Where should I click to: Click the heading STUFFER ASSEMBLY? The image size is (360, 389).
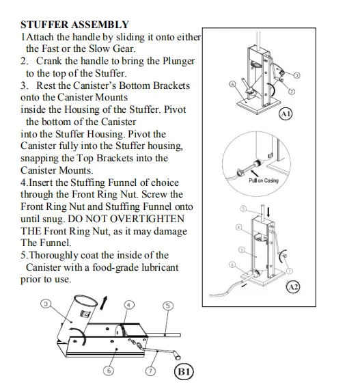(x=75, y=25)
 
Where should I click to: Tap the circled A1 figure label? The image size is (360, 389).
(x=286, y=114)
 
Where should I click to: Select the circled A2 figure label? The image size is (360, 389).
(x=293, y=287)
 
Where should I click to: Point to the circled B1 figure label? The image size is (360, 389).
(x=184, y=372)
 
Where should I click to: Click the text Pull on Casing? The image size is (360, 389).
(x=264, y=180)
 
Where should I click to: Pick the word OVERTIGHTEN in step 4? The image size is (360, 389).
(x=147, y=219)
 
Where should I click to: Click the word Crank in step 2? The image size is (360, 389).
(x=49, y=61)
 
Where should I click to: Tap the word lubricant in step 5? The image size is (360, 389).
(x=160, y=267)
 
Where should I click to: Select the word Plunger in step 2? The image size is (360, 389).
(x=178, y=62)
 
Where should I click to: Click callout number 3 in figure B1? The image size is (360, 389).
(x=46, y=304)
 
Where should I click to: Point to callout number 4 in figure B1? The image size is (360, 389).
(x=128, y=305)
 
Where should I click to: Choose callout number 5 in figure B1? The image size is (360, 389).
(x=168, y=306)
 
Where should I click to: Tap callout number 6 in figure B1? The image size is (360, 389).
(x=109, y=371)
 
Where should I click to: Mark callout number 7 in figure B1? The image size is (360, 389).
(x=150, y=371)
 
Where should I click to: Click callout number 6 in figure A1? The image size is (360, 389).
(x=232, y=84)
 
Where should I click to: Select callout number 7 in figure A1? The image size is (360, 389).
(x=292, y=92)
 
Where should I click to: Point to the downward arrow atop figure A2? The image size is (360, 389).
(x=268, y=212)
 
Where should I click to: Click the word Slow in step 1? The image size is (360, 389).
(x=100, y=49)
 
